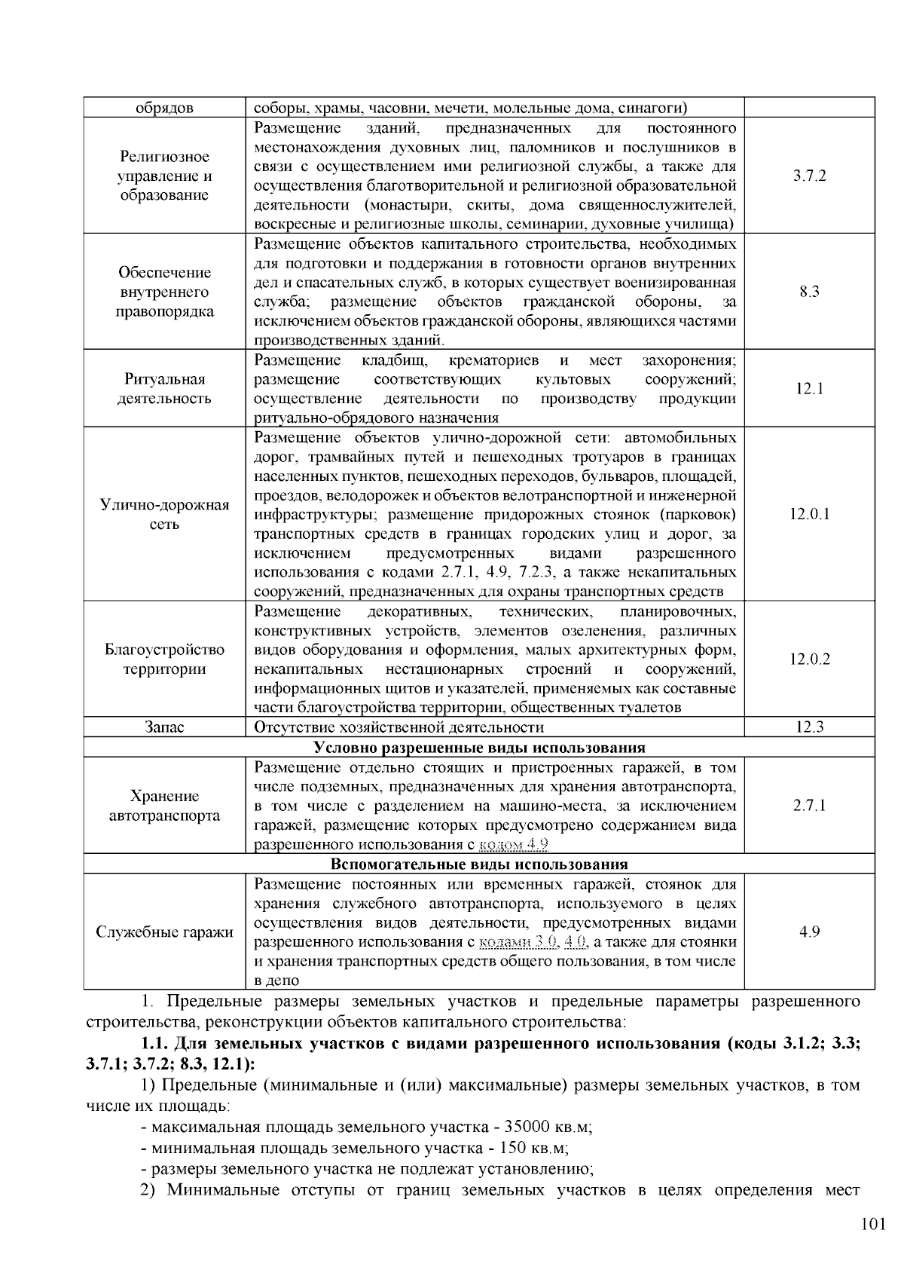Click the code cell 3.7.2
[x=809, y=176]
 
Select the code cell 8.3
[x=809, y=292]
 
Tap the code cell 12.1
[x=809, y=389]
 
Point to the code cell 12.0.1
[x=809, y=515]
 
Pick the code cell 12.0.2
[x=809, y=659]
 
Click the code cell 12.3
[x=809, y=727]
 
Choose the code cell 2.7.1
[x=809, y=806]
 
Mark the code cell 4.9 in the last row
[x=809, y=932]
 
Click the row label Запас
[x=164, y=727]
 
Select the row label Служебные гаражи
[x=164, y=932]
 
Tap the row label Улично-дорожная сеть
[x=164, y=515]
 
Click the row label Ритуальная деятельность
[x=164, y=389]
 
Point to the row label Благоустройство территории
[x=164, y=659]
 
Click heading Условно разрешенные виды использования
[x=479, y=748]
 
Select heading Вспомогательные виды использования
[x=479, y=864]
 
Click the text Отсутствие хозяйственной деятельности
[x=399, y=727]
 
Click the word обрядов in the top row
[x=164, y=108]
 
